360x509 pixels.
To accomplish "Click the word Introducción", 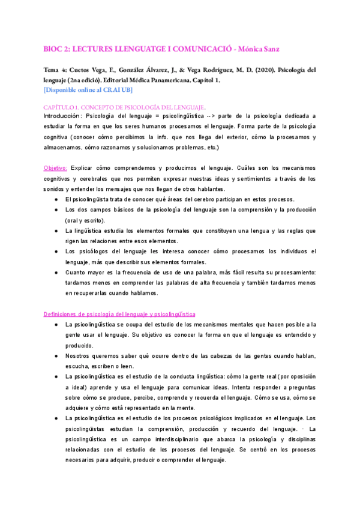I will [x=63, y=115].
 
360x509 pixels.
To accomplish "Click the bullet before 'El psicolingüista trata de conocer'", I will [x=56, y=199].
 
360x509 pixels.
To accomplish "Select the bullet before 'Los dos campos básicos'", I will [x=56, y=210].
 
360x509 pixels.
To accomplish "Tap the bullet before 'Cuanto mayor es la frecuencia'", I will [x=56, y=272].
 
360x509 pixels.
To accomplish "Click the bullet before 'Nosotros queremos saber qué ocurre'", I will [x=56, y=356].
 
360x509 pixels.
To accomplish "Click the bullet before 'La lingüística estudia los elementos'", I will [x=56, y=230].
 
